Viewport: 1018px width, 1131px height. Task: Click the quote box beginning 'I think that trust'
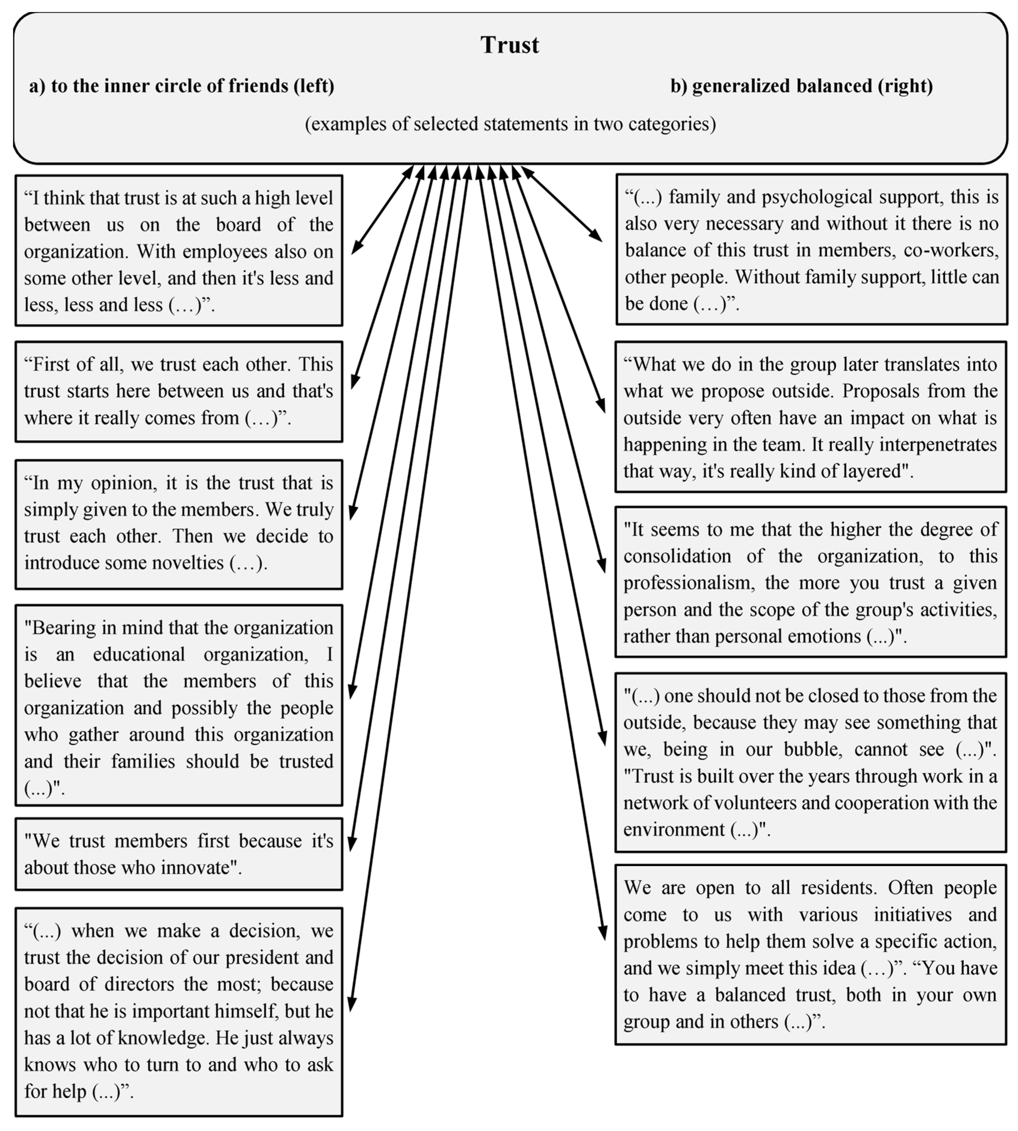[x=178, y=251]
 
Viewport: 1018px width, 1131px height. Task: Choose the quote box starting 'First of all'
[x=178, y=391]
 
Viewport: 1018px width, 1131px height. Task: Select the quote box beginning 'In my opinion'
[x=178, y=524]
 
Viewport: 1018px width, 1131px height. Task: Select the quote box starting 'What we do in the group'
[x=810, y=417]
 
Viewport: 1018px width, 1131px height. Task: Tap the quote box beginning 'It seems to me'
[x=810, y=582]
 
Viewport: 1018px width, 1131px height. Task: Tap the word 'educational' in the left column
[x=139, y=655]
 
